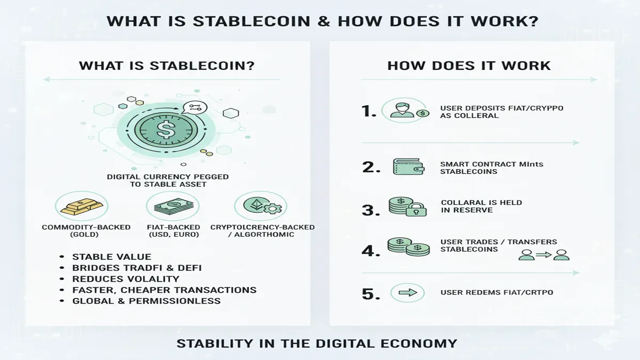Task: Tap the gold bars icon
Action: [x=82, y=206]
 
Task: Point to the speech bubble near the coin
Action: [x=194, y=108]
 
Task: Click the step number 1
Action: [x=369, y=111]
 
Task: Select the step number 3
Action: [x=370, y=210]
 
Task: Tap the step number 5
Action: [x=370, y=293]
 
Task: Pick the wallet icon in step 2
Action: [x=408, y=166]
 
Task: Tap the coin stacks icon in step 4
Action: [x=409, y=247]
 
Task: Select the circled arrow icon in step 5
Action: [x=407, y=293]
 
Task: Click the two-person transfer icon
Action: [x=544, y=255]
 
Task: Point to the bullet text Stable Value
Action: [x=111, y=257]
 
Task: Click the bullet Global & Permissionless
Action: [x=146, y=301]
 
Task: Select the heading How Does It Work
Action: [x=469, y=66]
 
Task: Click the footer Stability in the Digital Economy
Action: [x=317, y=343]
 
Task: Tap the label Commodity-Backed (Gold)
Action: [x=86, y=231]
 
